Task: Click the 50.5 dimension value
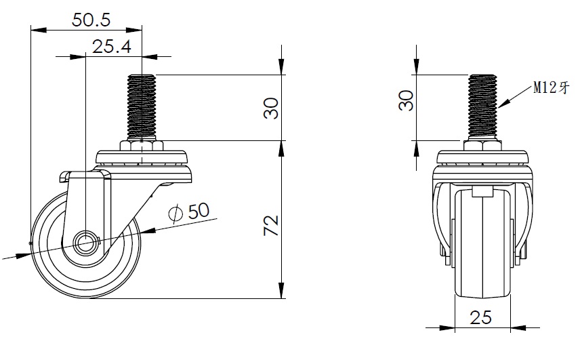click(91, 20)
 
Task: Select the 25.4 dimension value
click(111, 47)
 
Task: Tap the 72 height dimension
click(271, 225)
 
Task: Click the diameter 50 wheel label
click(189, 212)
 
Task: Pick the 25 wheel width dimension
click(480, 317)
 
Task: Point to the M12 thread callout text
click(550, 88)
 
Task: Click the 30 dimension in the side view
click(271, 108)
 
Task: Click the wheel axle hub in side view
click(85, 243)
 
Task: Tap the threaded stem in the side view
click(142, 107)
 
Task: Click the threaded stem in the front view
click(482, 107)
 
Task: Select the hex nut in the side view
click(142, 145)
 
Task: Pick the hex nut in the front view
click(482, 145)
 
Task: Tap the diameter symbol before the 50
click(175, 214)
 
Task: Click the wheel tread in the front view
click(482, 243)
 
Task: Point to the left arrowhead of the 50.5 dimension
click(39, 30)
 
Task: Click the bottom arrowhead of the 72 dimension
click(281, 290)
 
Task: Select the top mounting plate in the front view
click(482, 157)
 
